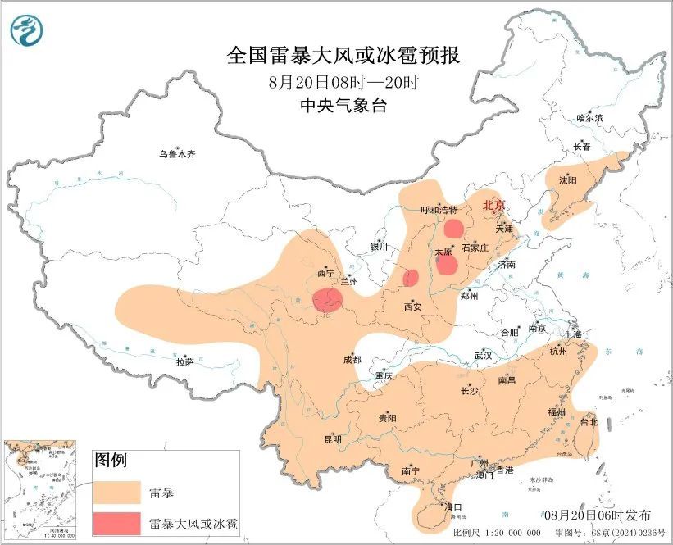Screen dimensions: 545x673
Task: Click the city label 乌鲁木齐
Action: coord(178,154)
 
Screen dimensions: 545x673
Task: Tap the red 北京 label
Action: coord(494,205)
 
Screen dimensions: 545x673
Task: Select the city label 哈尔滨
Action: coord(589,118)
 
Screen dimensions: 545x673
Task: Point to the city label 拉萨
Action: coord(184,361)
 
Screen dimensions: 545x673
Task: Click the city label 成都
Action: coord(352,359)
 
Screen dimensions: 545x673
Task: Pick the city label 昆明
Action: coord(332,439)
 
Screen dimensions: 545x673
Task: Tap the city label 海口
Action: coord(453,507)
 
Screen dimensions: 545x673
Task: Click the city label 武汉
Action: coord(483,356)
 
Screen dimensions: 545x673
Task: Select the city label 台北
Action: coord(589,422)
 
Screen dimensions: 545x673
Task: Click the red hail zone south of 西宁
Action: coord(329,301)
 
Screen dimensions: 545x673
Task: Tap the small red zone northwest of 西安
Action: coord(412,278)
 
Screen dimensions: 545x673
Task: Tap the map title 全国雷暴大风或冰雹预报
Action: coord(343,56)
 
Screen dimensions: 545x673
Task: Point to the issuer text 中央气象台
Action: coord(343,104)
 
